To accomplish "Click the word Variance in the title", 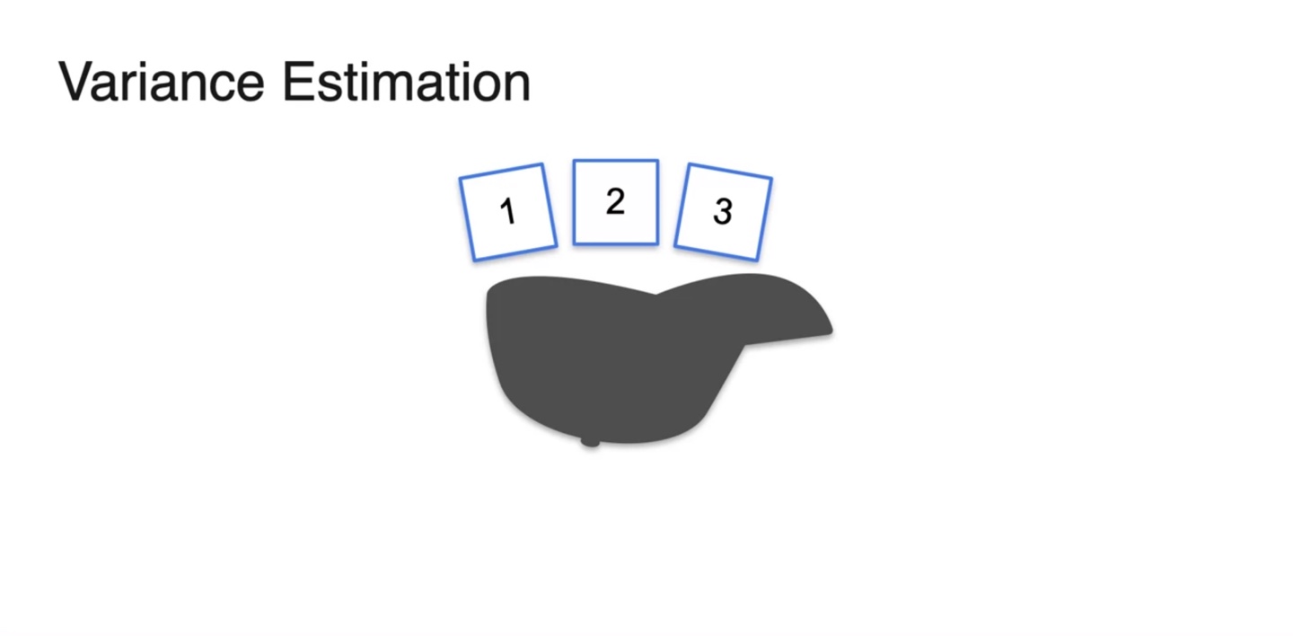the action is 162,82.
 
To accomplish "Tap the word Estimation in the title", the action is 406,82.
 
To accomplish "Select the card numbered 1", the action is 508,212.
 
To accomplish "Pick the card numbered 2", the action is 616,202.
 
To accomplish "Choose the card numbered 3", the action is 723,212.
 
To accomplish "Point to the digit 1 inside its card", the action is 508,212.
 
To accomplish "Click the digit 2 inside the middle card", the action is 615,202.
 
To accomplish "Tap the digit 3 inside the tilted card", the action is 723,212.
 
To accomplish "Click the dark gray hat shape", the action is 611,359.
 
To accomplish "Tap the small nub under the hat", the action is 590,441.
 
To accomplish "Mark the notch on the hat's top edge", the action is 656,294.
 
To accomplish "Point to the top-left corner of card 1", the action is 460,178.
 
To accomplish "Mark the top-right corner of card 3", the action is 771,178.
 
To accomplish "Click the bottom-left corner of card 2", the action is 575,243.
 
